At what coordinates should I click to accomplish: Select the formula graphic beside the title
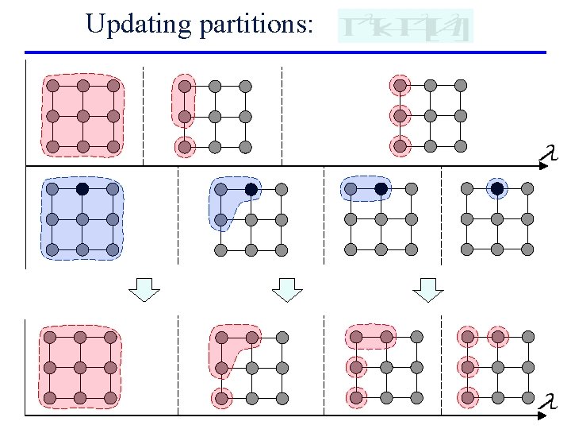pos(405,26)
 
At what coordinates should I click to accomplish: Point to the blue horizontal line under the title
pos(285,52)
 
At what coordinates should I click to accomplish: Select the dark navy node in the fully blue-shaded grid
pos(82,189)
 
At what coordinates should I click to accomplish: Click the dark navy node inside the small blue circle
pos(496,189)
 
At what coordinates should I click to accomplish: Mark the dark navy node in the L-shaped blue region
pos(251,189)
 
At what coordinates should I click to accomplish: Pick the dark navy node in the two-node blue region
pos(381,189)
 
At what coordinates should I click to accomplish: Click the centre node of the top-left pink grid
pos(82,116)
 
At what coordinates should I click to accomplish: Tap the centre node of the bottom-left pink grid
pos(80,368)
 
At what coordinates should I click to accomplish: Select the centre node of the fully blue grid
pos(82,219)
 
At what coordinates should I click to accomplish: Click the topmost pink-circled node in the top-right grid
pos(400,85)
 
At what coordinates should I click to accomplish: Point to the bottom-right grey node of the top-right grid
pos(461,146)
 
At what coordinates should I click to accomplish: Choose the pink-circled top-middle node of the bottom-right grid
pos(497,337)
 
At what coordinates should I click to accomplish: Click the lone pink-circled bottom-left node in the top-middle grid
pos(184,146)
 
